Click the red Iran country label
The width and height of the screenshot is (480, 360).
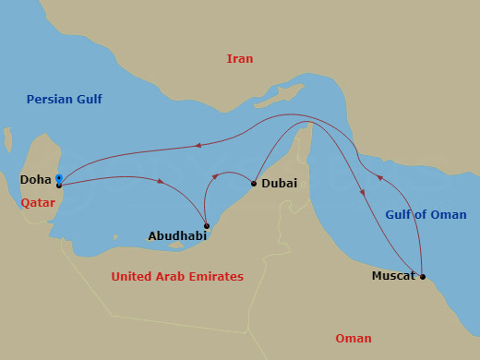coord(240,59)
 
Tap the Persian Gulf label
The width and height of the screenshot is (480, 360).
coord(65,100)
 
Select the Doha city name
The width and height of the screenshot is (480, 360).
coord(35,179)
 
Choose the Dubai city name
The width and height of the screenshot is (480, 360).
coord(280,184)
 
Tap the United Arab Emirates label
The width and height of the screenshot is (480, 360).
coord(177,277)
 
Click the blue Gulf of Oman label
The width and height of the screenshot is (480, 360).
coord(426,216)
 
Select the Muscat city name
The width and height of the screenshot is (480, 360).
coord(393,276)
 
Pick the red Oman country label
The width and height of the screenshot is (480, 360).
coord(354,339)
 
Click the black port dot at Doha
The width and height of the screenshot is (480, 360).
coord(58,186)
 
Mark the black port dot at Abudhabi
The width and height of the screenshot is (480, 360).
coord(207,226)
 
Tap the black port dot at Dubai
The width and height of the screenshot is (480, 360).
coord(254,184)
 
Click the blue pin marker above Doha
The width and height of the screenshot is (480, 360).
coord(58,177)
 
